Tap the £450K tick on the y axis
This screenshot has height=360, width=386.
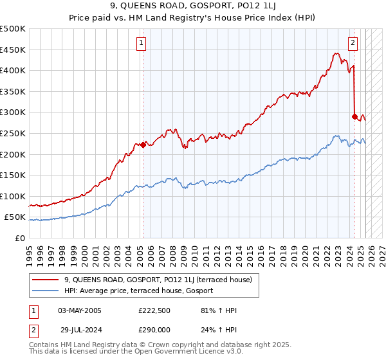point(13,50)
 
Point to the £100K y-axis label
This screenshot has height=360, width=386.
point(13,196)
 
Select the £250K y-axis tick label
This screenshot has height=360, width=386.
point(13,133)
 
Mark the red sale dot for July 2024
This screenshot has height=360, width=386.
point(354,116)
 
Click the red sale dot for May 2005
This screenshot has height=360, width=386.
point(143,145)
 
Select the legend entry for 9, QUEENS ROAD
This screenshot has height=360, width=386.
point(161,280)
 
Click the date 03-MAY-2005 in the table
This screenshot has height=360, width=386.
point(80,310)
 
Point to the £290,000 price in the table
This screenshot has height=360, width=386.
point(154,328)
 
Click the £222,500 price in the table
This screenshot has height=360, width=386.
point(154,310)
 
